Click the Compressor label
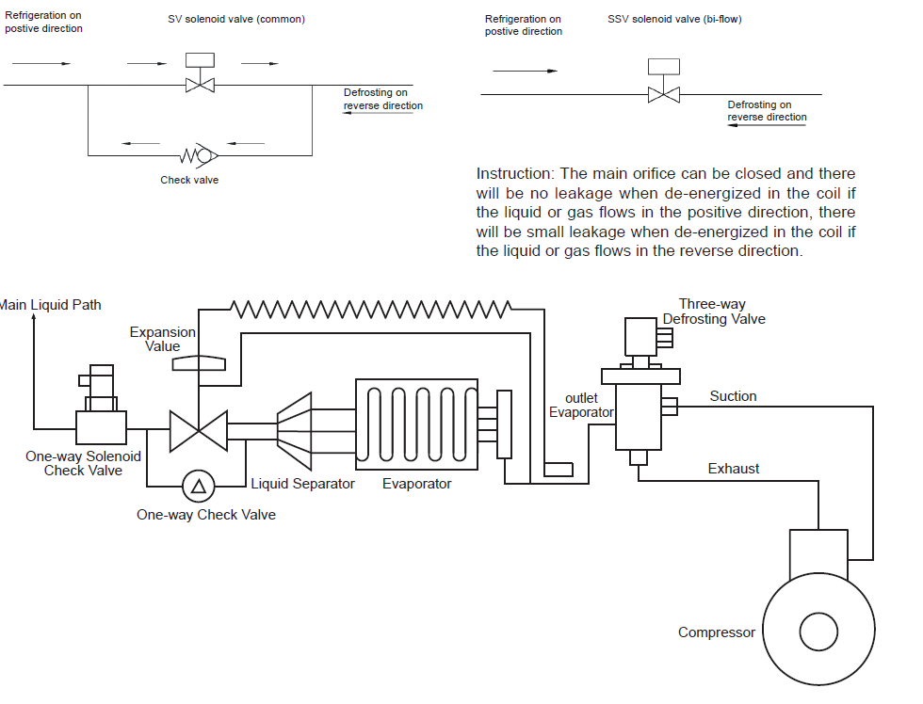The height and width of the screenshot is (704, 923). click(x=717, y=632)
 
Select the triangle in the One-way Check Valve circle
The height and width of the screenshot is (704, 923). click(x=199, y=487)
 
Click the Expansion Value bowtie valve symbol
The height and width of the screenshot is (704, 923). click(x=199, y=431)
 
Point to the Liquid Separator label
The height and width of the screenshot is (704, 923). click(x=302, y=484)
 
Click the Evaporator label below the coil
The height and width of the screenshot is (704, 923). click(x=416, y=484)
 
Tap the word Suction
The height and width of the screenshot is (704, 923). click(x=733, y=396)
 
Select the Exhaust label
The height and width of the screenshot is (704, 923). click(x=734, y=469)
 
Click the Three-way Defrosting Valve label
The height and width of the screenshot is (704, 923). click(x=714, y=312)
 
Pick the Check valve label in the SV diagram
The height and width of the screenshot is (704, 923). click(x=189, y=180)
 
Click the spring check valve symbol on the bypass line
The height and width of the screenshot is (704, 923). click(x=199, y=155)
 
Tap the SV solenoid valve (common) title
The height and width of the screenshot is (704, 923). click(x=236, y=19)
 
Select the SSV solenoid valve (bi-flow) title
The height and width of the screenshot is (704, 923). click(x=674, y=19)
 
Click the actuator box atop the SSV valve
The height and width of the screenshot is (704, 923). click(x=664, y=67)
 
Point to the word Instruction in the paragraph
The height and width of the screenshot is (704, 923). click(x=515, y=173)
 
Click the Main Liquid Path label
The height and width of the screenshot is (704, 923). click(x=51, y=305)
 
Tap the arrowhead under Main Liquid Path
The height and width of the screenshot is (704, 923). click(x=34, y=317)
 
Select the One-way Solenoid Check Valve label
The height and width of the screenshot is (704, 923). click(x=83, y=463)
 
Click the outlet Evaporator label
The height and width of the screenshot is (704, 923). click(x=581, y=406)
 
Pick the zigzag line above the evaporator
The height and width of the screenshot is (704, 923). click(x=371, y=309)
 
